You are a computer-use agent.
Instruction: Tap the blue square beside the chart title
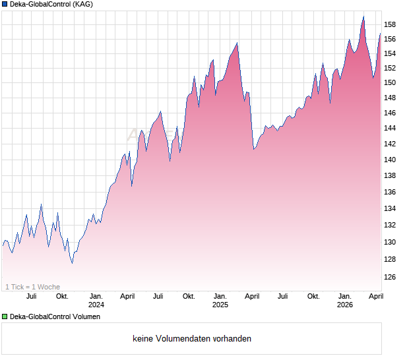point(5,4)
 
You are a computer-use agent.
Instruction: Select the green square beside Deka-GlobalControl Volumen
point(5,317)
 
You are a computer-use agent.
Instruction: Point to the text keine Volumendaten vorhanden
point(192,339)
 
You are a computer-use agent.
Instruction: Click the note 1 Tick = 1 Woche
point(32,287)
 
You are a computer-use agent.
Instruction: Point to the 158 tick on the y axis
point(390,25)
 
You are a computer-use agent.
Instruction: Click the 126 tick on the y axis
point(390,277)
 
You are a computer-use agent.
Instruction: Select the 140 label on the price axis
point(390,160)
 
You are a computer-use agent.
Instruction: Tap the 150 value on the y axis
point(390,83)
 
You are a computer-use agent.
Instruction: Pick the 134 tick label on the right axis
point(390,209)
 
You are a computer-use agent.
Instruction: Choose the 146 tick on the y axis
point(390,113)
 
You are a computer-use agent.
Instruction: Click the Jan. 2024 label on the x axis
point(96,300)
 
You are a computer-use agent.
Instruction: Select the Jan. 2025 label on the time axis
point(220,300)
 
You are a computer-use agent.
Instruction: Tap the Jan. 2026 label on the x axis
point(344,300)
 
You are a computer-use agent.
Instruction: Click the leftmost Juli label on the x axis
point(31,296)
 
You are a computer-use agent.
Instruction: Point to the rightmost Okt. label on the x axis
point(313,296)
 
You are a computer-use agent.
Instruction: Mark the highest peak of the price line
point(363,16)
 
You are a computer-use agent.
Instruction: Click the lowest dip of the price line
point(72,262)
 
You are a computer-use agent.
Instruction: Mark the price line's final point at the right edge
point(381,34)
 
